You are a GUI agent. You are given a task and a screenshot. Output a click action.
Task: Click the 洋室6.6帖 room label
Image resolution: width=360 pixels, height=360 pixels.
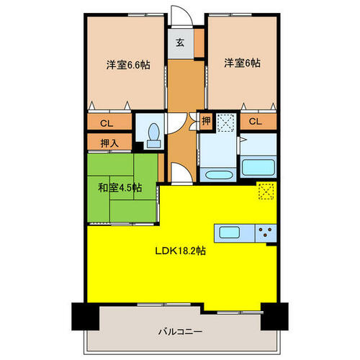pos(128,65)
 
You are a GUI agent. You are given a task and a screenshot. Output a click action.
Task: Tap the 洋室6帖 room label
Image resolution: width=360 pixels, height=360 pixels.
pos(242,63)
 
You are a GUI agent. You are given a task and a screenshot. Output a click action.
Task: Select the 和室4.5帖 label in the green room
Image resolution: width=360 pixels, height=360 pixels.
pos(120,187)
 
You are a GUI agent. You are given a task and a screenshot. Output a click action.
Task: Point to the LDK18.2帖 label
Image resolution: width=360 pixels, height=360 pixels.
pos(181,251)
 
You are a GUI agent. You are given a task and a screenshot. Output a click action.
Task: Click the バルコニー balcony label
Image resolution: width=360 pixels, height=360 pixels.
pos(180,332)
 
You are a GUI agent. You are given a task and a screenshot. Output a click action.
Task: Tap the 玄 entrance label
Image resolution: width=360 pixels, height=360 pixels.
pos(180,42)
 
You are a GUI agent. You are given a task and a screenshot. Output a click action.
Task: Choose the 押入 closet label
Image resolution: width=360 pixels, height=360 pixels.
pos(109,143)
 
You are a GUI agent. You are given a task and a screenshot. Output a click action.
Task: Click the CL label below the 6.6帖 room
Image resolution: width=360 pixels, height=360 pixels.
pos(107,123)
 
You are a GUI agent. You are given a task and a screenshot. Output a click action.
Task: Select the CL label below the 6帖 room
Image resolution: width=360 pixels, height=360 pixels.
pos(255,121)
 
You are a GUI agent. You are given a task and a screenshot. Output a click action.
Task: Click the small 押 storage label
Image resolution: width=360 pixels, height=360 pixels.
pos(206,120)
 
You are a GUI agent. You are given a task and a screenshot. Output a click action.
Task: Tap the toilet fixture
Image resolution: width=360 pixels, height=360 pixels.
pos(153,135)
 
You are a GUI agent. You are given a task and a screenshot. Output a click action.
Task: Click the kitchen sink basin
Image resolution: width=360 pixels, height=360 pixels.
pos(230,233)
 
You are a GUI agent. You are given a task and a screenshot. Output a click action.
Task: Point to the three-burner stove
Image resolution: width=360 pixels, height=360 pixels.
pos(266,233)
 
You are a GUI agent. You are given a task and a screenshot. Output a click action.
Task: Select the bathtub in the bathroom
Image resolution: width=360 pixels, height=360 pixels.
pos(258,167)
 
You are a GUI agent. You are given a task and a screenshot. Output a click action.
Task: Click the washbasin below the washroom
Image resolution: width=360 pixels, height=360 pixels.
pos(218,174)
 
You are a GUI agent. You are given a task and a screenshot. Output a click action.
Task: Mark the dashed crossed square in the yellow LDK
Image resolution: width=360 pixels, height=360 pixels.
pos(266,191)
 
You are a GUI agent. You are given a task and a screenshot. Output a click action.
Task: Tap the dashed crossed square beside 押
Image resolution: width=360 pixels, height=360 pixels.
pos(225,122)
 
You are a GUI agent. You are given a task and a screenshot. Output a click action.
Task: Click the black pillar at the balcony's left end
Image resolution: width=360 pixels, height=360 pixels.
pos(86,317)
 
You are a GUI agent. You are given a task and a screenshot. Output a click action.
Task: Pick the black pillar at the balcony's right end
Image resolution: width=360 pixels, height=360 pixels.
pos(274,317)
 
